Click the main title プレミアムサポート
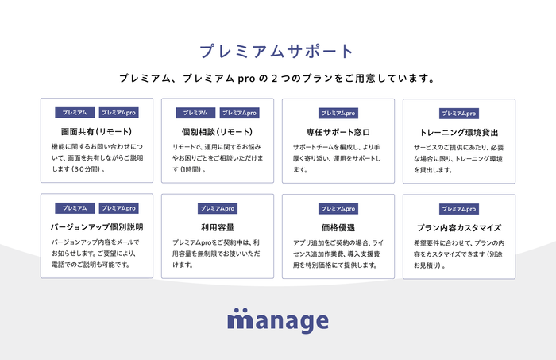(x=277, y=52)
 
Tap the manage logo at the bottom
(x=277, y=320)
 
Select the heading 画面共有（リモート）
(x=96, y=131)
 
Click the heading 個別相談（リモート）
(x=218, y=131)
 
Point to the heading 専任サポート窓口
(x=338, y=131)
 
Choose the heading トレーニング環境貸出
(x=459, y=132)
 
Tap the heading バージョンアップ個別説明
(x=96, y=226)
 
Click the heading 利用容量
(x=218, y=226)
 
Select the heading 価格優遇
(x=338, y=226)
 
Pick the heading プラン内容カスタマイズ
(x=459, y=227)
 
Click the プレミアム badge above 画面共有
(x=75, y=113)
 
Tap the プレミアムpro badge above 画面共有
(x=118, y=113)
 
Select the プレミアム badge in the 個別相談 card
(x=196, y=113)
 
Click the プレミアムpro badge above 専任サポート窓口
(x=338, y=114)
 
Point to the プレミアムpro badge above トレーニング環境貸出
(x=459, y=114)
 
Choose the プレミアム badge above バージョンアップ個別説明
(x=75, y=208)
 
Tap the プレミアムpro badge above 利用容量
(x=218, y=208)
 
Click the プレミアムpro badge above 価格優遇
(x=338, y=208)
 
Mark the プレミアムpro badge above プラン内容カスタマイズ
(x=459, y=209)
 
